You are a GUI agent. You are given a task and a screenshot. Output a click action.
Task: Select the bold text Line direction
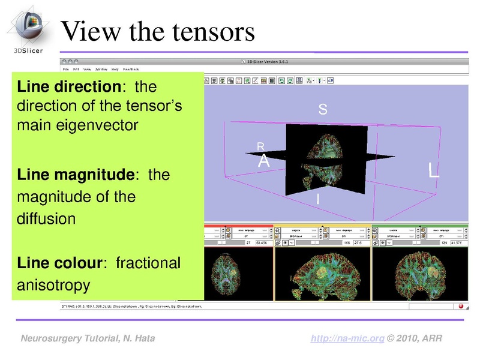(68, 87)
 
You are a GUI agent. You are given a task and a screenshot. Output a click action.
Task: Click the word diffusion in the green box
(47, 217)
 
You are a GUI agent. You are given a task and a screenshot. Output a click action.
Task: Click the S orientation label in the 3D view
(323, 110)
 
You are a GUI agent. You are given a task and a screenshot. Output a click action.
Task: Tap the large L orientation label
(434, 170)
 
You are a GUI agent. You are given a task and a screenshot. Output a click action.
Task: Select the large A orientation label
(264, 161)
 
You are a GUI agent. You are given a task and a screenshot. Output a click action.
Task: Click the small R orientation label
(260, 146)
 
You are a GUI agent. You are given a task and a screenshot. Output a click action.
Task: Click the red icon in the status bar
(461, 306)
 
